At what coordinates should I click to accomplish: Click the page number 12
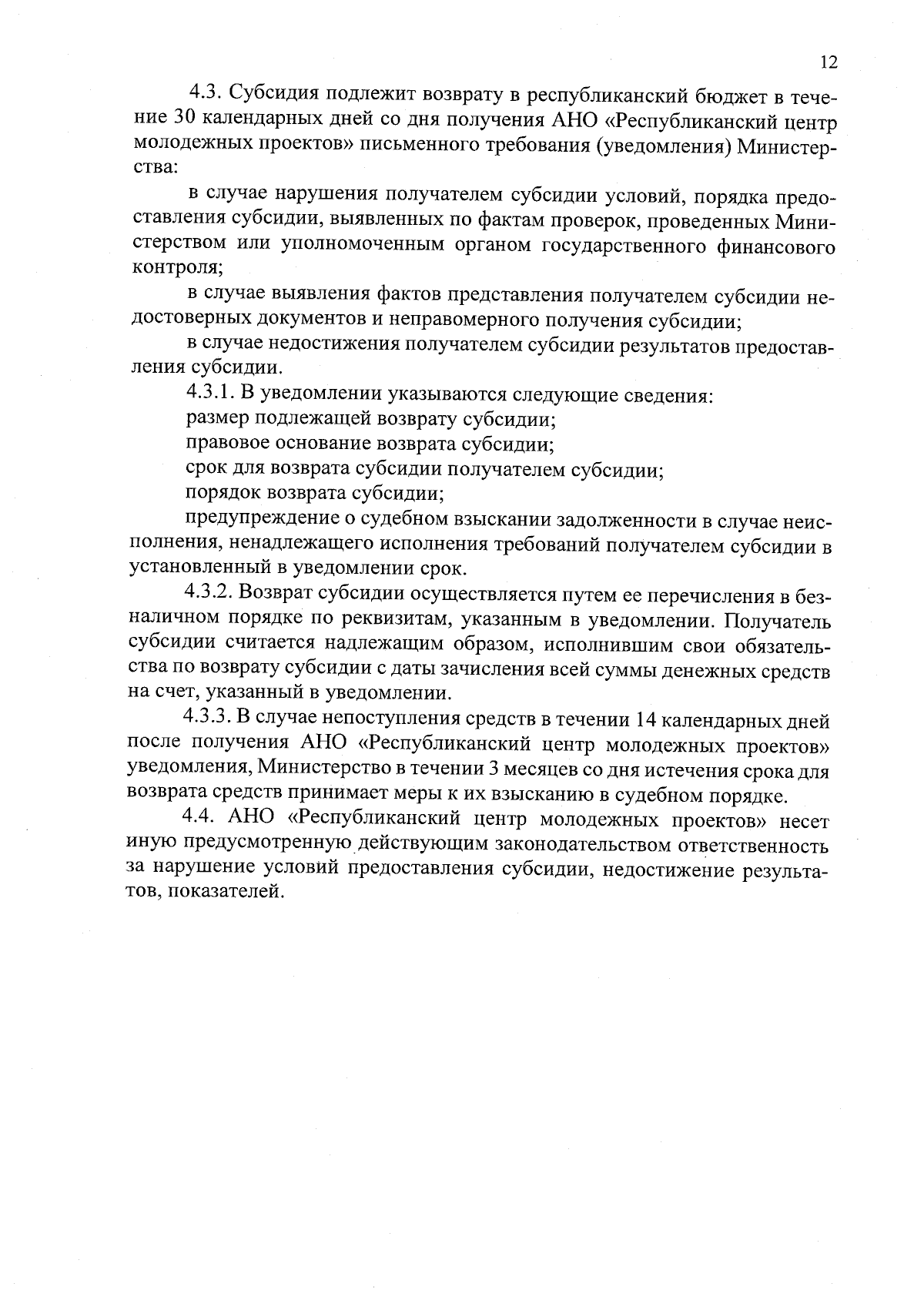(x=829, y=62)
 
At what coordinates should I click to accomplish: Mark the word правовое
(x=226, y=444)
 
